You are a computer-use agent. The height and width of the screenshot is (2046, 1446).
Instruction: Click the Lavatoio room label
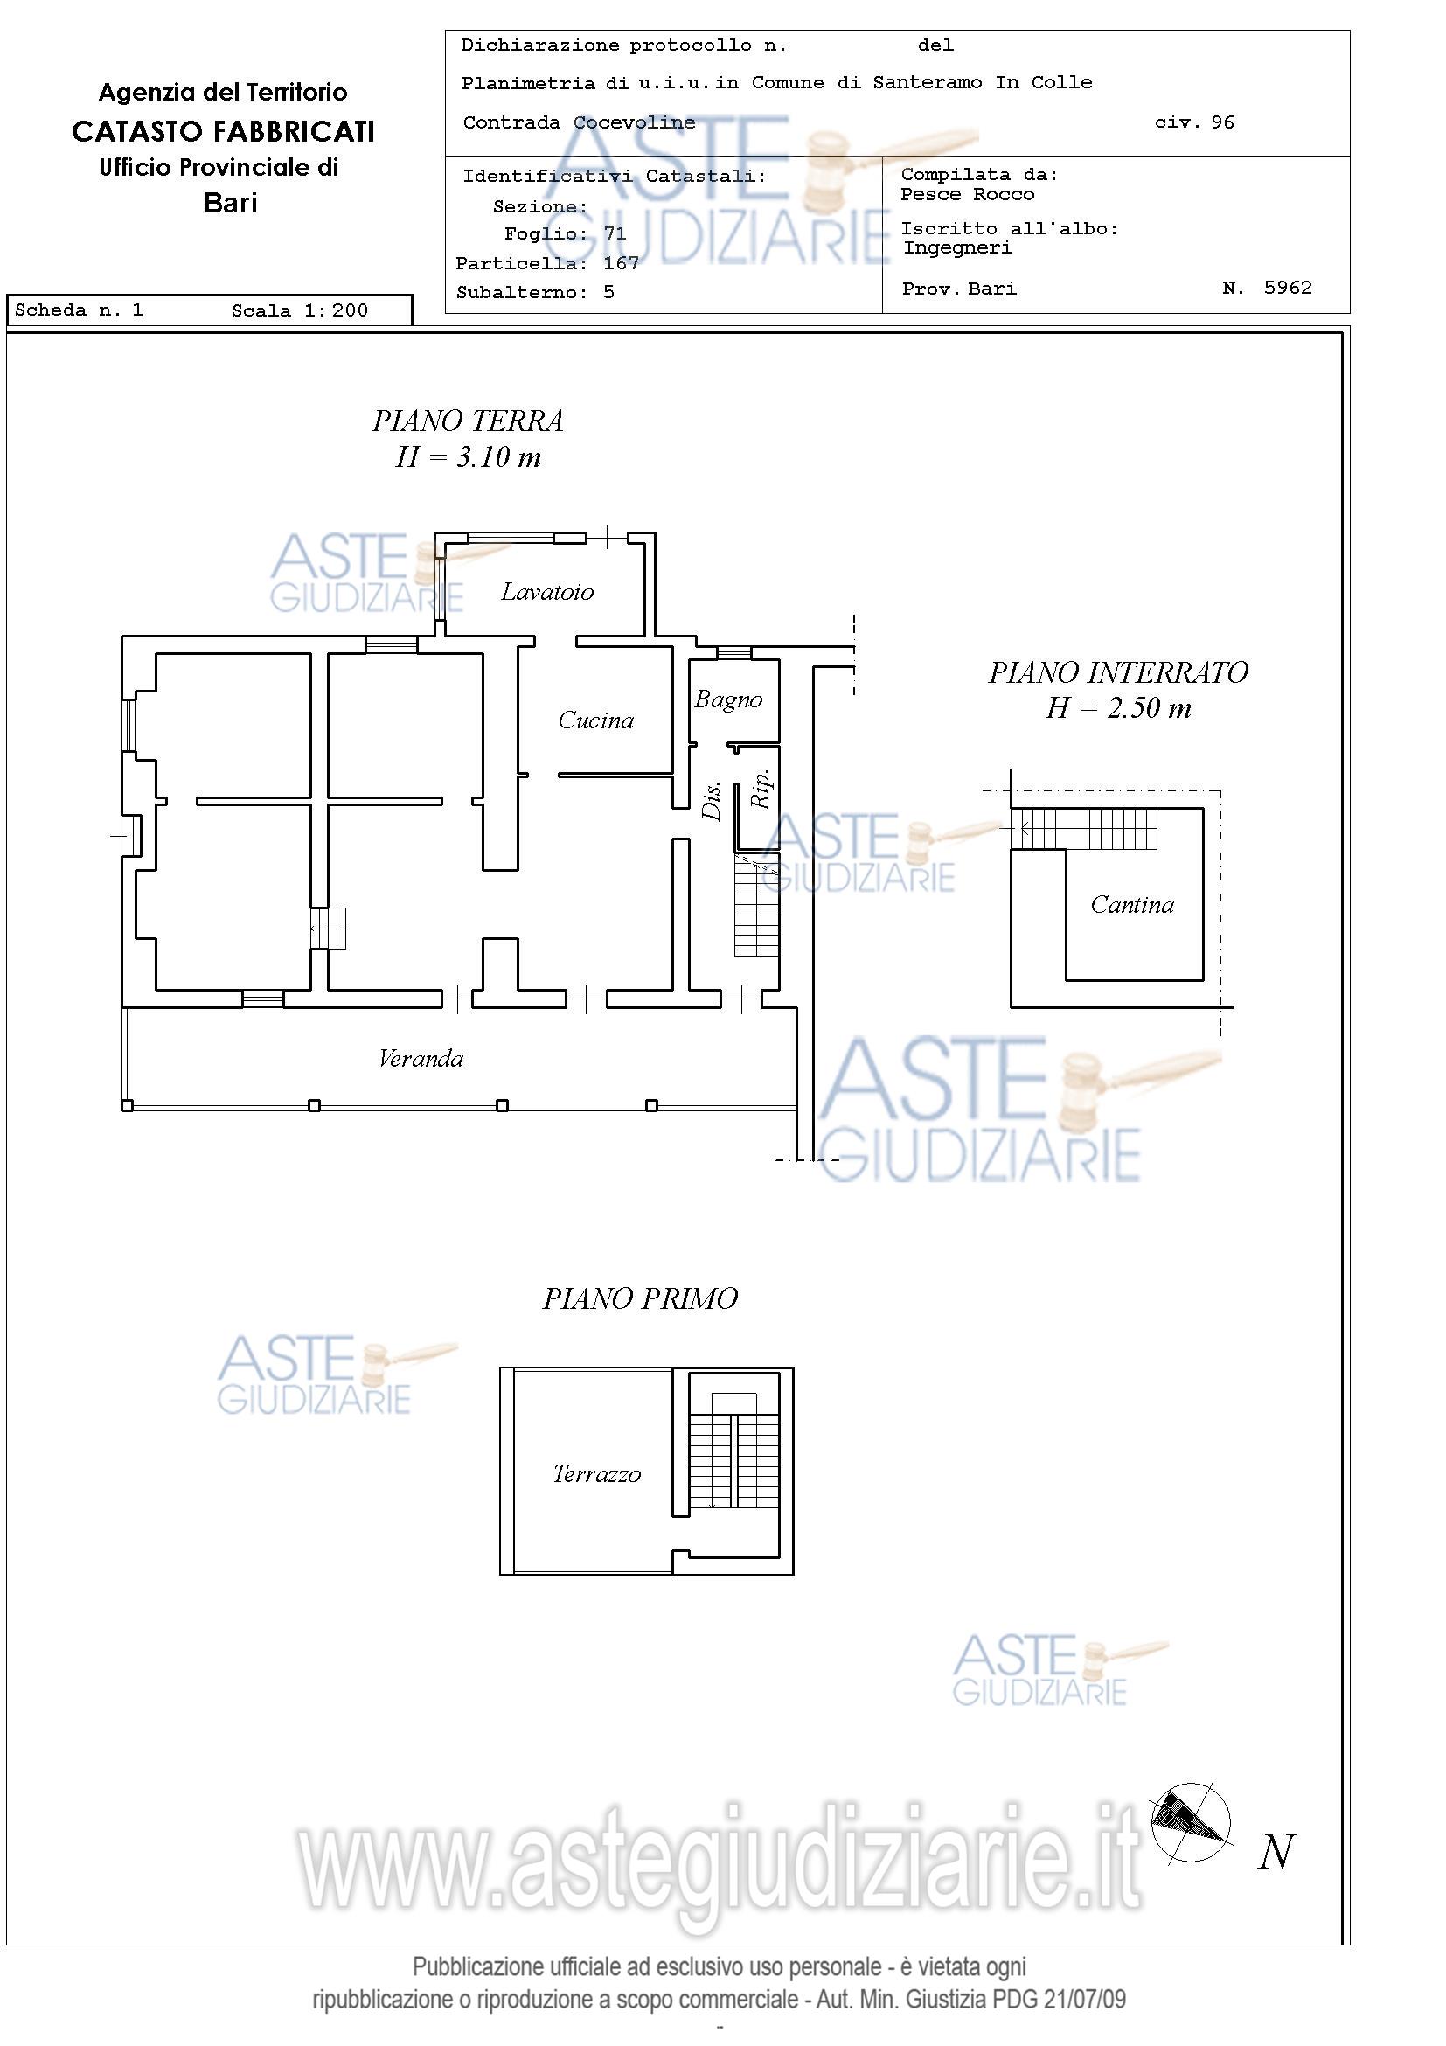coord(547,592)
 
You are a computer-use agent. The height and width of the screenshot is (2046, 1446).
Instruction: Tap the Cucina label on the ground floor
coord(596,720)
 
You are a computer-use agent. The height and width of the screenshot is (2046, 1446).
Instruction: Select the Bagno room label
coord(729,700)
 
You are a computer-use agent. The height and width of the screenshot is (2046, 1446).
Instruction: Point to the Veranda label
coord(421,1059)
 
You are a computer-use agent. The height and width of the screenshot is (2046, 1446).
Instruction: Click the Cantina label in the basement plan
coord(1132,905)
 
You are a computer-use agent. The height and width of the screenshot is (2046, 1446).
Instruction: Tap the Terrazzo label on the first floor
coord(597,1474)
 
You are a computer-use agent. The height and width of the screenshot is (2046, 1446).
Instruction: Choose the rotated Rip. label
coord(761,789)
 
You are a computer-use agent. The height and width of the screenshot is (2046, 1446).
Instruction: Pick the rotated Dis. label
coord(712,800)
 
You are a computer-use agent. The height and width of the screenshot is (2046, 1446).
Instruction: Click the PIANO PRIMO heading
coord(641,1299)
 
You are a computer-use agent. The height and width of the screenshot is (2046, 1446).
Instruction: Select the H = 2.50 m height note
coord(1118,707)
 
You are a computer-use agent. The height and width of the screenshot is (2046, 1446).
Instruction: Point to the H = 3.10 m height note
coord(469,457)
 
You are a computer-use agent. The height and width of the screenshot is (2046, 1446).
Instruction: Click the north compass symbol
coord(1191,1823)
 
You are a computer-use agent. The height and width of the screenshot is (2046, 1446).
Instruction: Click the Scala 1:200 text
coord(299,310)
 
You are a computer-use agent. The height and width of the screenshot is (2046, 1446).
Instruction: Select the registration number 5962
coord(1289,287)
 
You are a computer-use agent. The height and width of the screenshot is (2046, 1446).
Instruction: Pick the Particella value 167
coord(621,263)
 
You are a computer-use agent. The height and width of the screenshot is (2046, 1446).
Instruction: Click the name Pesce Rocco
coord(968,194)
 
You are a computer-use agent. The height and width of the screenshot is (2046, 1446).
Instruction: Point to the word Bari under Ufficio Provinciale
coord(231,203)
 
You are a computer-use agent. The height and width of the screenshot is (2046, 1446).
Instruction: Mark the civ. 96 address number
coord(1195,122)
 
